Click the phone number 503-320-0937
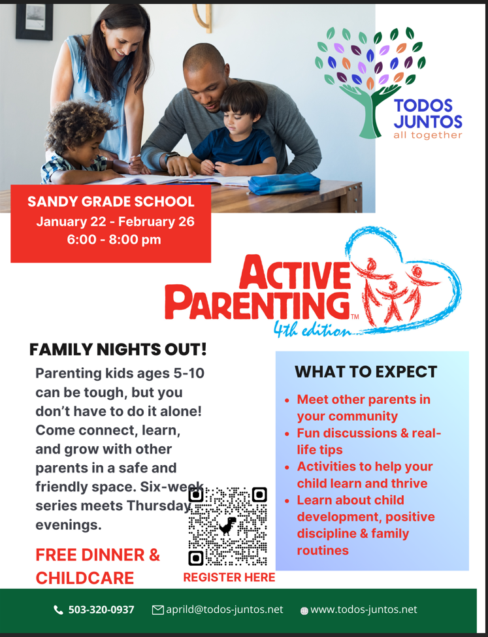[101, 610]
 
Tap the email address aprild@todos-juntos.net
[224, 610]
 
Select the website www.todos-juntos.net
[364, 610]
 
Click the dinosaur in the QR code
[227, 527]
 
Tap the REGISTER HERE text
[229, 578]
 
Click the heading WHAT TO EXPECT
[366, 372]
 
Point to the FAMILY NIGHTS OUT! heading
[118, 350]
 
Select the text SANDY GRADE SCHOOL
[111, 201]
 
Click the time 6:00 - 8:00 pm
[114, 239]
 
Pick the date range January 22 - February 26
[115, 222]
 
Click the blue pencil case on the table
[284, 183]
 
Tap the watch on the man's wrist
[171, 157]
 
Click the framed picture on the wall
[35, 21]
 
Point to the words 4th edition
[312, 329]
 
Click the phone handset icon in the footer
[59, 610]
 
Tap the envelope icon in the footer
[157, 610]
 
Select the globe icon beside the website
[304, 611]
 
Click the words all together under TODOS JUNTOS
[427, 135]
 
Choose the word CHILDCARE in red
[84, 578]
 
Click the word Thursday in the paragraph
[159, 506]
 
